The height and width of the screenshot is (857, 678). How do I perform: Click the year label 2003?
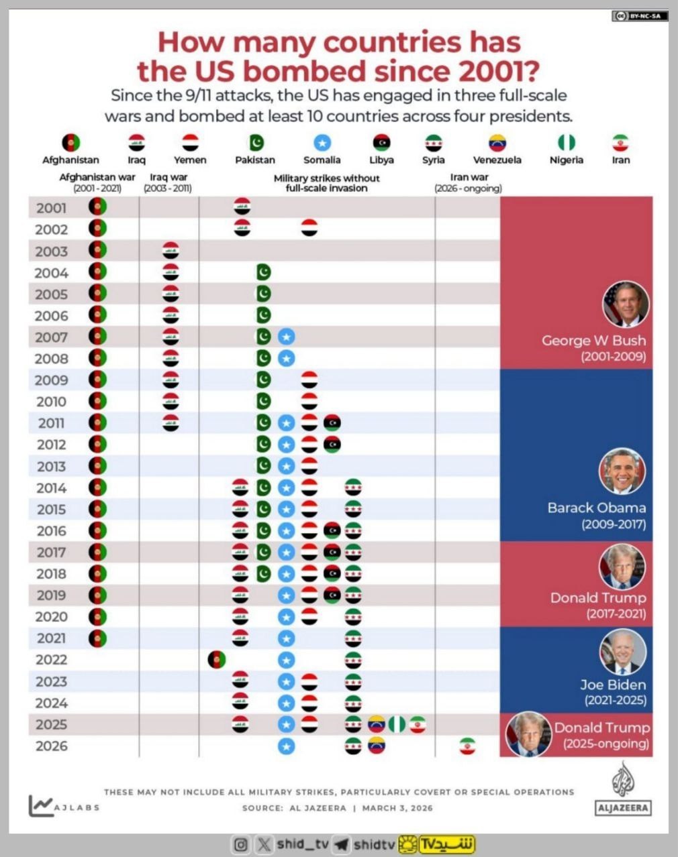coord(52,251)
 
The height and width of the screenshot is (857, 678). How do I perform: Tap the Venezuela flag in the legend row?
coord(497,143)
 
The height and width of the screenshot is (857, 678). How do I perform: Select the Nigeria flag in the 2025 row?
coord(397,724)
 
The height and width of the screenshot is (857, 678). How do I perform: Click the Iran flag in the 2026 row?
coord(467,746)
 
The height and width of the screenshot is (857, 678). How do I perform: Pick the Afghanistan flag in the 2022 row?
coord(216,659)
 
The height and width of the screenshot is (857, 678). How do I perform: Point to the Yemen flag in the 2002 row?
coord(309,228)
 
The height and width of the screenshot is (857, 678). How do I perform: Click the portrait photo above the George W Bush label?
coord(626,304)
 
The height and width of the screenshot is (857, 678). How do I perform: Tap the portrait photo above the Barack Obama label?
coord(622,471)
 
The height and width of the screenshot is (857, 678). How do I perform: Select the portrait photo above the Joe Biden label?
coord(623,651)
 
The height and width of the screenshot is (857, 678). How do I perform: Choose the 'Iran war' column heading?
coord(469,178)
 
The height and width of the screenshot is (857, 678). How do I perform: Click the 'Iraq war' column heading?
coord(168,178)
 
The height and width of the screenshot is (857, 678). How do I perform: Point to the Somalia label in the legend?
coord(322,160)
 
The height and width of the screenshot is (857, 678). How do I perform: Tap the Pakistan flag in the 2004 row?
coord(264,272)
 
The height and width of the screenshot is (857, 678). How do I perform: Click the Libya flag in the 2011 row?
coord(332,422)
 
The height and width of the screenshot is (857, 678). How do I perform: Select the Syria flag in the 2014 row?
coord(353,488)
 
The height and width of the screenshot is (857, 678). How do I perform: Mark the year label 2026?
coord(52,746)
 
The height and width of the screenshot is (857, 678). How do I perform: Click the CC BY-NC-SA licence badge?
coord(640,15)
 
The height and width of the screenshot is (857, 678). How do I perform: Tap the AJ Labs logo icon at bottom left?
coord(41,805)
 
